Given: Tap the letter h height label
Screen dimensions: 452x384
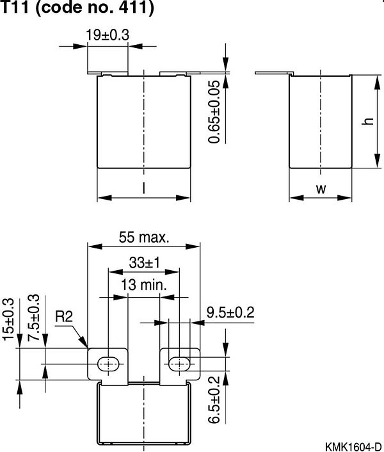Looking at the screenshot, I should coord(367,122).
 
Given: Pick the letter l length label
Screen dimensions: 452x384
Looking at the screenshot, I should coord(143,188).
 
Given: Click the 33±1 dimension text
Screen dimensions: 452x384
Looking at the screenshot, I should coord(143,262).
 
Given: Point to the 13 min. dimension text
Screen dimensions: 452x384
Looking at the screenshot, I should coord(144,285).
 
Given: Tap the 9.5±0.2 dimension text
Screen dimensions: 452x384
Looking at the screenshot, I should coord(230,312).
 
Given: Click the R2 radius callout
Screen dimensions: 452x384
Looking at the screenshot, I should coord(65,317).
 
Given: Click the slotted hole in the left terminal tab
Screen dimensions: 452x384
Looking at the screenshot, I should coord(109,364).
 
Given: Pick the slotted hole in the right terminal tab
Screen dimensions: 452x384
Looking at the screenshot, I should coord(179,364).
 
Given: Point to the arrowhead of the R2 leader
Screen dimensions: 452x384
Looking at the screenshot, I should coord(86,345).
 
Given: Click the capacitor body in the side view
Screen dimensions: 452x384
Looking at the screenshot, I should coord(321,122).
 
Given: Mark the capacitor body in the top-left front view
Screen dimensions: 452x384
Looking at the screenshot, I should coord(143,122).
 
